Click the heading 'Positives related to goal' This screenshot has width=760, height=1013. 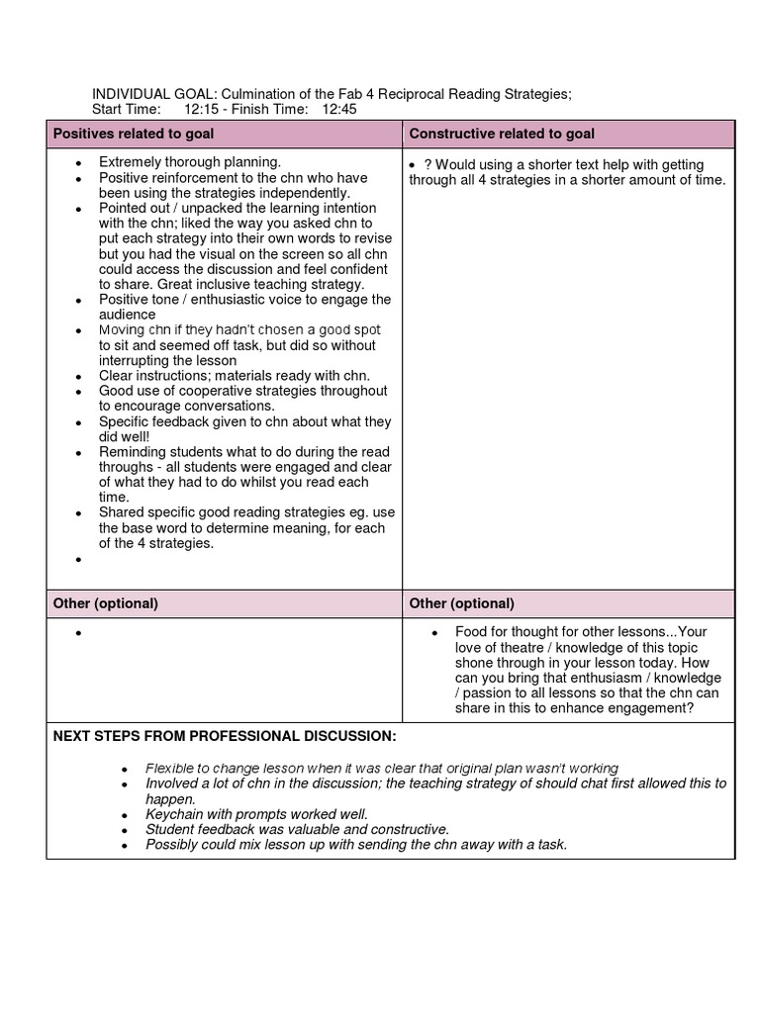(133, 134)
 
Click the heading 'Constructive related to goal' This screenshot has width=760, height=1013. (502, 134)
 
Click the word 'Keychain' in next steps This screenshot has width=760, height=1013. (174, 814)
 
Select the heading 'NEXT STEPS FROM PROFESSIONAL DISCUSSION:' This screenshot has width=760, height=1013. (225, 737)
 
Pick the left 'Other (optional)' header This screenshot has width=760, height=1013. (105, 603)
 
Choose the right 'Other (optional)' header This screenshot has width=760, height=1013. (461, 603)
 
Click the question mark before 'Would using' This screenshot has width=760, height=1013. (427, 164)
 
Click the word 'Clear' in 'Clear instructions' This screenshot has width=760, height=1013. (116, 376)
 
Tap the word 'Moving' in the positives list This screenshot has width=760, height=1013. (122, 330)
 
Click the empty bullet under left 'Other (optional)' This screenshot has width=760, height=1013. (78, 633)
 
